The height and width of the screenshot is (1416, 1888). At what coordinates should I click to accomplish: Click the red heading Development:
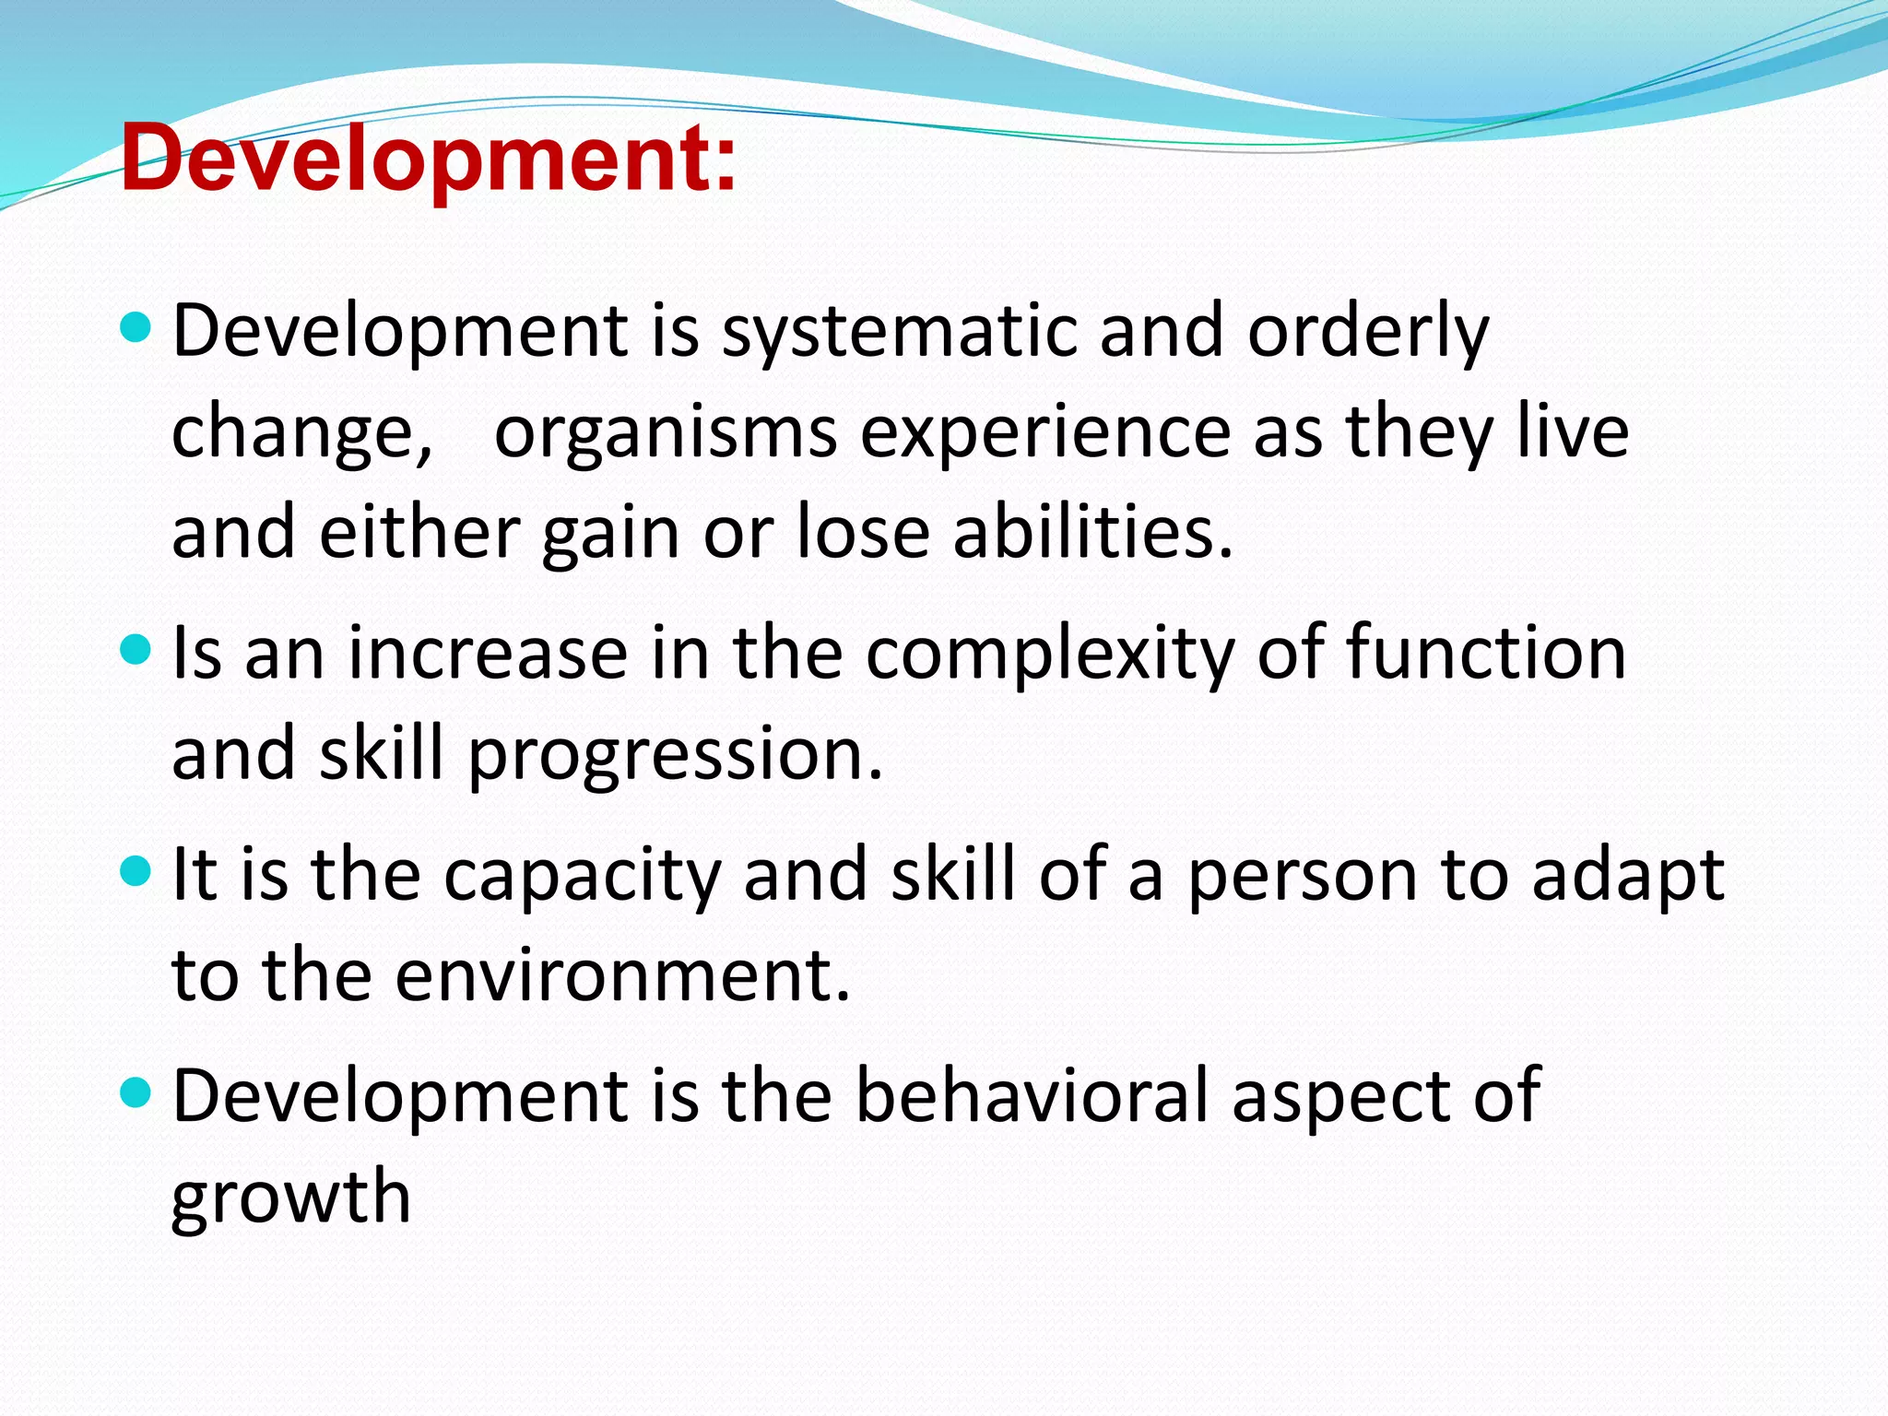pyautogui.click(x=429, y=159)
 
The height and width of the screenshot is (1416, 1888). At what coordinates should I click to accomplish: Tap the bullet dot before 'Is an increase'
pyautogui.click(x=136, y=650)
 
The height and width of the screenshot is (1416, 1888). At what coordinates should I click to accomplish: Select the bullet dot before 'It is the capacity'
pyautogui.click(x=136, y=870)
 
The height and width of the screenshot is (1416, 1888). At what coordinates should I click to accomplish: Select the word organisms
pyautogui.click(x=666, y=433)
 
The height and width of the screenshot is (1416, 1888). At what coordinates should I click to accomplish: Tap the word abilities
pyautogui.click(x=1092, y=533)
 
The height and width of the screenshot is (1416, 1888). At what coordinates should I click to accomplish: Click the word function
pyautogui.click(x=1486, y=653)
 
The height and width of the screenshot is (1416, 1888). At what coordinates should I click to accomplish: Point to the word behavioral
pyautogui.click(x=1032, y=1095)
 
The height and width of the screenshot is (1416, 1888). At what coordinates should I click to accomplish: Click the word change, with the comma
pyautogui.click(x=302, y=433)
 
